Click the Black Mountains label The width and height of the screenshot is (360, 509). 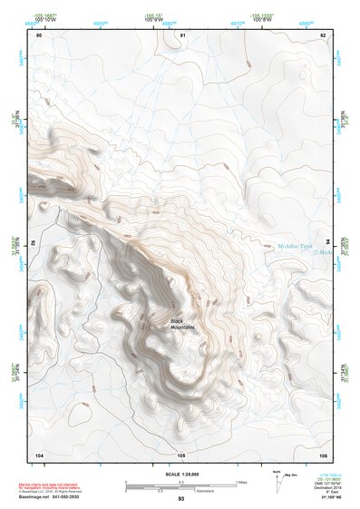click(183, 323)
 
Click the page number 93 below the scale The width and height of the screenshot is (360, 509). click(181, 499)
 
